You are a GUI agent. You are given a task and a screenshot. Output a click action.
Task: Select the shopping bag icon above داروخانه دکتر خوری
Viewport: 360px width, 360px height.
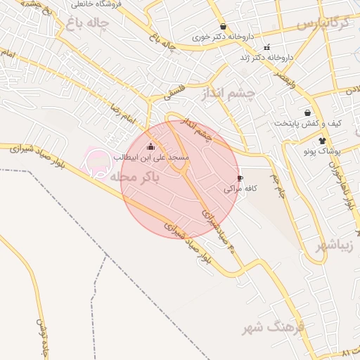(223, 26)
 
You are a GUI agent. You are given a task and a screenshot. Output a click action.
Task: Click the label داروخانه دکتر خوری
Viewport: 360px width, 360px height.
(223, 37)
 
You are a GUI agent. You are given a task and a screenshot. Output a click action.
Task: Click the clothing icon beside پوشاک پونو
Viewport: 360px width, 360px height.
(323, 141)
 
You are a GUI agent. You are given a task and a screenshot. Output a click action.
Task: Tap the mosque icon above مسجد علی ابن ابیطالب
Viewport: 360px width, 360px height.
(150, 147)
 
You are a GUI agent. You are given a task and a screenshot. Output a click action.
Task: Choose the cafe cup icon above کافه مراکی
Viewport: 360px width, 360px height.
(240, 178)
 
